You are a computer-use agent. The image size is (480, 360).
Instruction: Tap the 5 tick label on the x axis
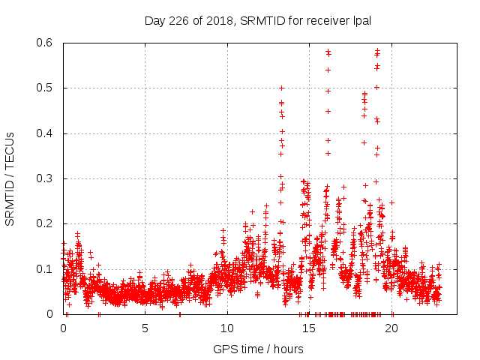[x=145, y=328]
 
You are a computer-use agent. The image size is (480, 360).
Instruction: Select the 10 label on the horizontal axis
[x=227, y=328]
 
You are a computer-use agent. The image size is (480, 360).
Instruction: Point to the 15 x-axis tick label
[x=309, y=328]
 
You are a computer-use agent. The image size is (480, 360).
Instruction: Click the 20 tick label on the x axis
[x=391, y=328]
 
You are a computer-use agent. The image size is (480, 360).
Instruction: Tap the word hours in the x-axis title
[x=288, y=349]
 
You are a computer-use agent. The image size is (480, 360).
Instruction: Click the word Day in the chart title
[x=154, y=21]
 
